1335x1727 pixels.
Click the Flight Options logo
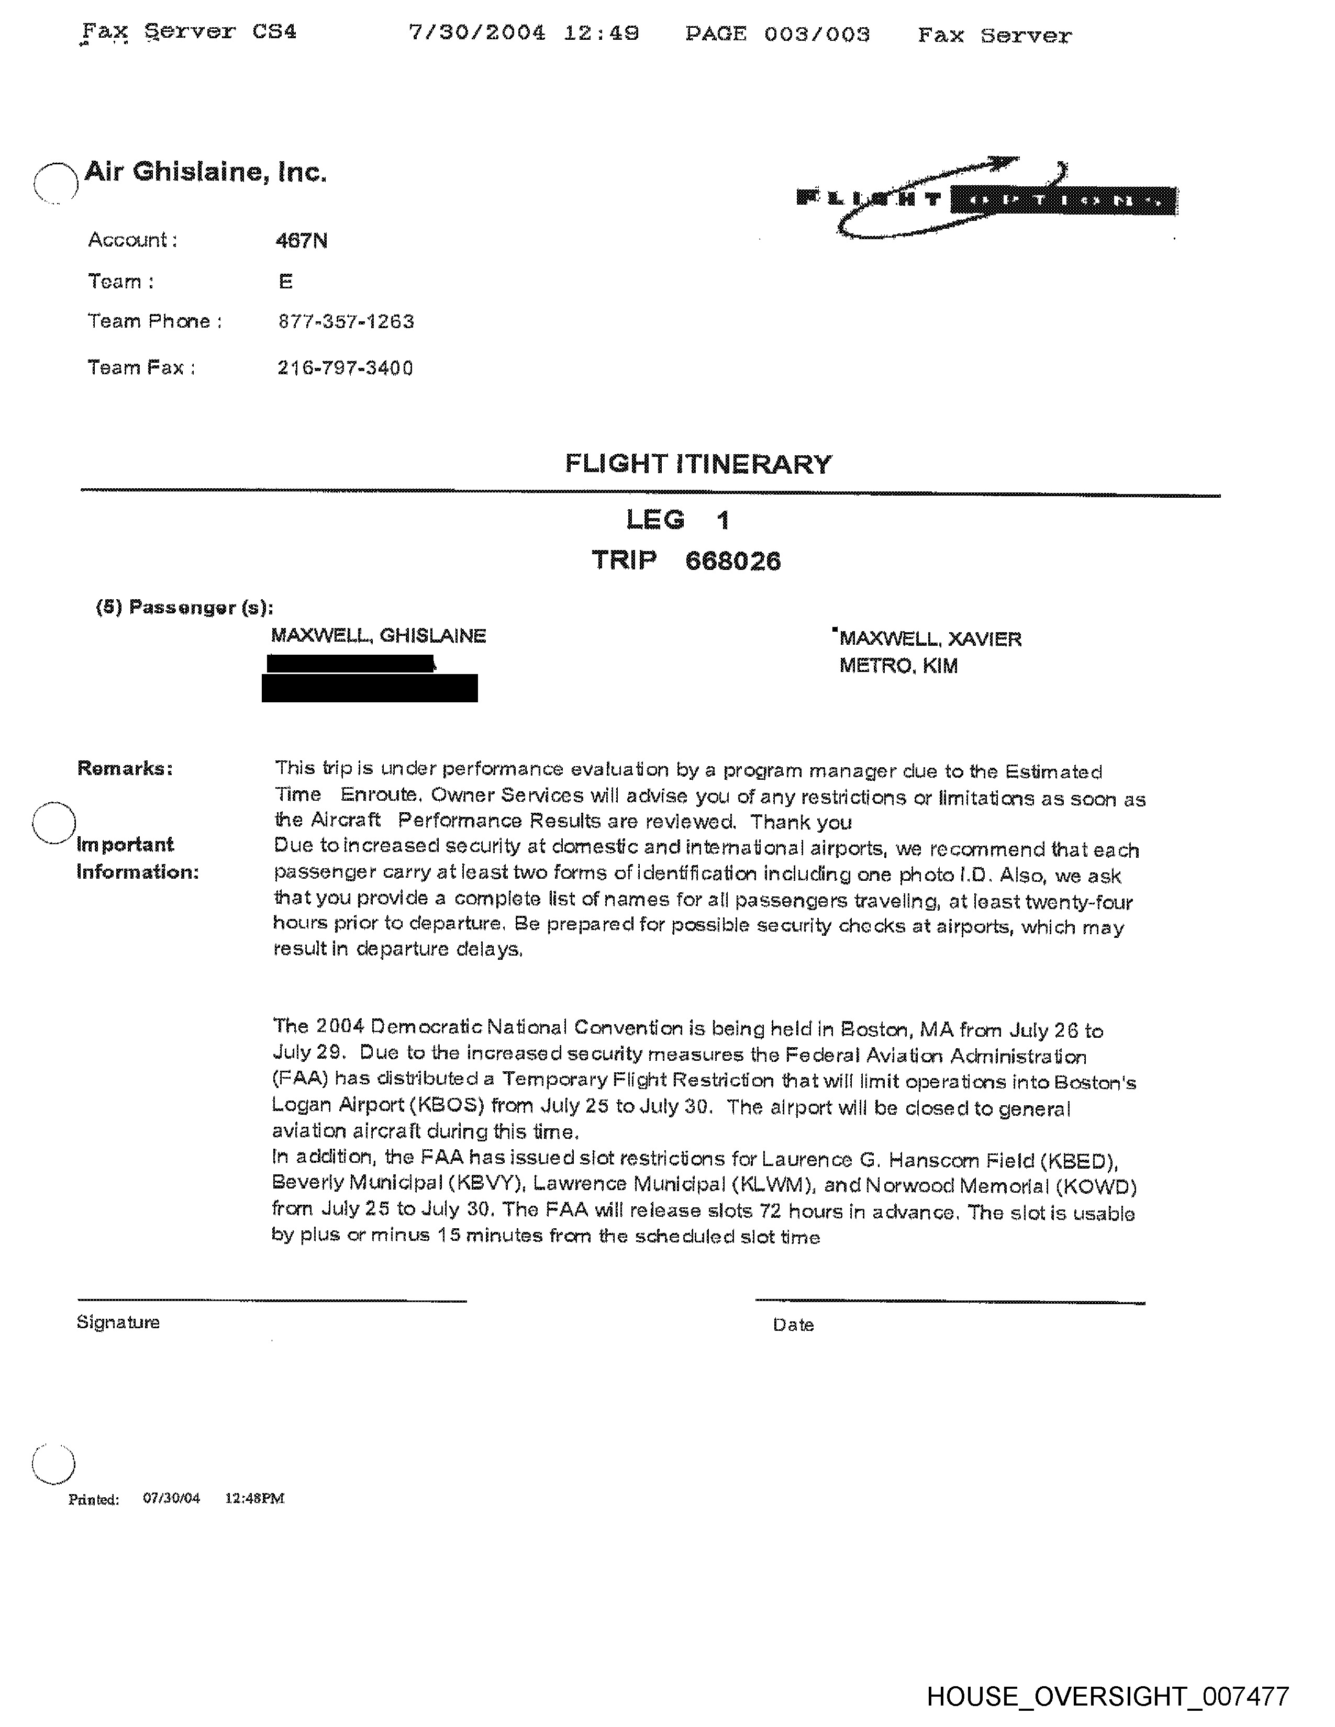click(987, 198)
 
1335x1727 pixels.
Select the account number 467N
click(302, 240)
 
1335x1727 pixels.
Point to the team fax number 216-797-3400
click(345, 368)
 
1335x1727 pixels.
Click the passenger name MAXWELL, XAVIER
click(930, 639)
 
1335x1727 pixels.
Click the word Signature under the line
click(118, 1322)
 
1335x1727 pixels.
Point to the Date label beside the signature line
click(793, 1325)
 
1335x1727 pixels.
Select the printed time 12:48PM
click(254, 1498)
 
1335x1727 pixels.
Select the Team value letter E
click(285, 282)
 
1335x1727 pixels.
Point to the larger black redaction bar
click(369, 688)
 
